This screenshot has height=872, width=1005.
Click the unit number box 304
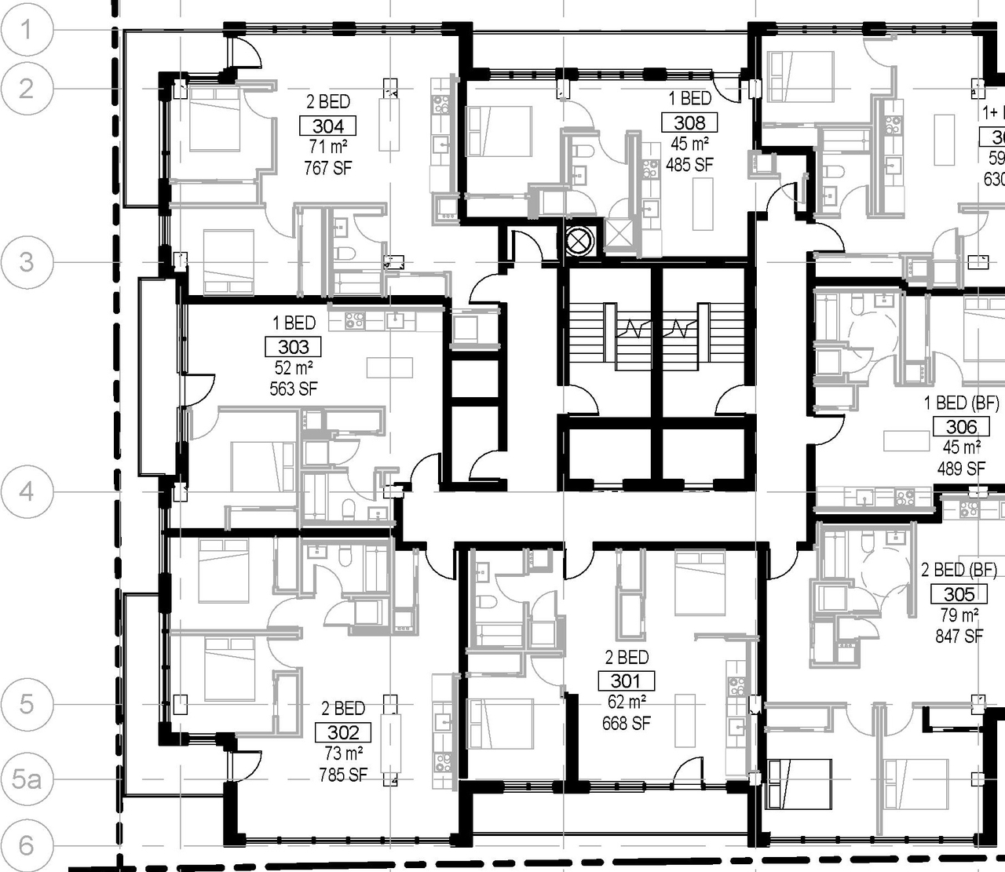click(x=328, y=126)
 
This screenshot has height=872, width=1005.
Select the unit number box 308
click(x=689, y=122)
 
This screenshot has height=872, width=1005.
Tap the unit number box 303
click(x=293, y=347)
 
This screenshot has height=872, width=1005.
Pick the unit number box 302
click(x=343, y=733)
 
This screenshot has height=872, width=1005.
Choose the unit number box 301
click(x=626, y=681)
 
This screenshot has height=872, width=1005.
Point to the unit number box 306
click(x=961, y=427)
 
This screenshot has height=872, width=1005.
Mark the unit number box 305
click(x=959, y=594)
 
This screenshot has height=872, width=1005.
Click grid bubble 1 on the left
click(x=27, y=30)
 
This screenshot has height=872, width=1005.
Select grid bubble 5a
click(x=27, y=779)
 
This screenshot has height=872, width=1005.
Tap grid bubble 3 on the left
click(x=27, y=261)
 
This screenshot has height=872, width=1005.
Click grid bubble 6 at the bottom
click(x=27, y=845)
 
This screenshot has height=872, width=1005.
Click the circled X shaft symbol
click(x=579, y=241)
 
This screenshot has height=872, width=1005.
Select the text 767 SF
click(x=327, y=167)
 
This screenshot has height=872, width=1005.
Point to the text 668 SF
click(x=626, y=723)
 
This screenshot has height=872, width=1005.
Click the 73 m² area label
click(x=343, y=753)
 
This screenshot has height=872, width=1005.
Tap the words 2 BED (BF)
click(x=959, y=570)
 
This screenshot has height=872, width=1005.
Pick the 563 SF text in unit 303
click(x=293, y=389)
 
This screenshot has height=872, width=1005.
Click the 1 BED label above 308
click(x=689, y=99)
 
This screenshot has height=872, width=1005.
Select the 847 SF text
click(x=959, y=636)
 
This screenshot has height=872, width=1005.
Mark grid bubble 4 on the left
click(x=27, y=492)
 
